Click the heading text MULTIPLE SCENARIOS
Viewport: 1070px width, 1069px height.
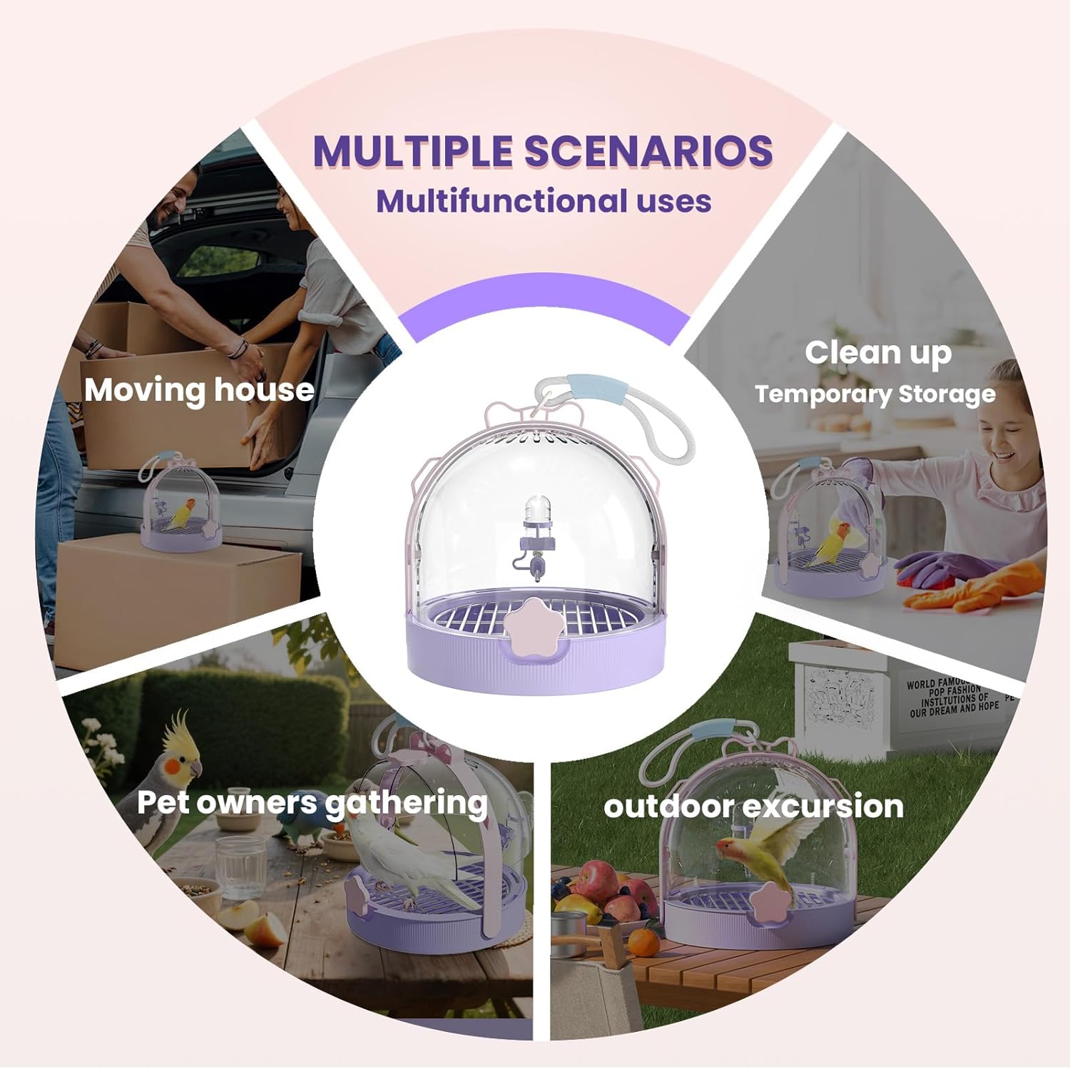coord(543,151)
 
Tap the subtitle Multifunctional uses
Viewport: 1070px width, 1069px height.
coord(544,201)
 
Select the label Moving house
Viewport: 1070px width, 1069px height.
coord(199,390)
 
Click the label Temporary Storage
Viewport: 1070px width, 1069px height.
coord(875,394)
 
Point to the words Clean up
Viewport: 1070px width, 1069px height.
coord(878,352)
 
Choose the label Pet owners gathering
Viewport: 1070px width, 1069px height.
coord(312,803)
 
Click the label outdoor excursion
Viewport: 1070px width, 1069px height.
coord(753,807)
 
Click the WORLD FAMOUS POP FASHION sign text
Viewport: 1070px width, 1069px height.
coord(952,695)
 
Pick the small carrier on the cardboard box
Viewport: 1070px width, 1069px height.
coord(180,506)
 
